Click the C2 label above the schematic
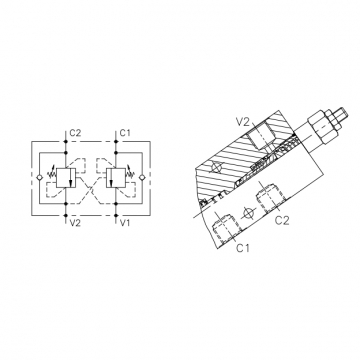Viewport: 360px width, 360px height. tap(75, 133)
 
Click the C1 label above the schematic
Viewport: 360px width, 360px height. tap(125, 133)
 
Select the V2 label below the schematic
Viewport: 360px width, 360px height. tap(75, 223)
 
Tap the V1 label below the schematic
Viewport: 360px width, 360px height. tap(125, 223)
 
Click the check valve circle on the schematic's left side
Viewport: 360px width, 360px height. tap(39, 178)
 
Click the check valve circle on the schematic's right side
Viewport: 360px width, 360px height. tap(142, 178)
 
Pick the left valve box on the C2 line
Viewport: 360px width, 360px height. tap(66, 178)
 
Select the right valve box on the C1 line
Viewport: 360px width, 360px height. tap(116, 178)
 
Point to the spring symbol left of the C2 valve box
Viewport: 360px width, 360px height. tap(52, 173)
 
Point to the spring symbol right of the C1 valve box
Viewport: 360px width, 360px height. tap(130, 173)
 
